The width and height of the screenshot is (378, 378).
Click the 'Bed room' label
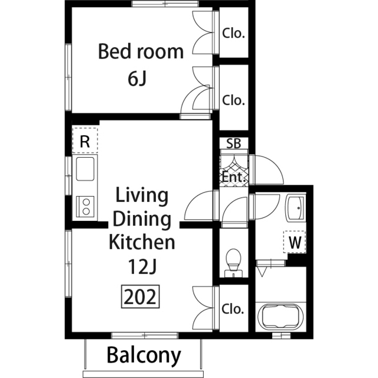(x=141, y=51)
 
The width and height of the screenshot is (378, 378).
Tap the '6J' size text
(x=137, y=79)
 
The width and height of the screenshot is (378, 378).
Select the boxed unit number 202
(x=141, y=296)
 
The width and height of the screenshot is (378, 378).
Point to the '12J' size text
(x=142, y=266)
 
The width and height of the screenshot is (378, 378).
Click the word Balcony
(x=144, y=356)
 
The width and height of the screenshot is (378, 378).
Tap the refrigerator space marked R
(x=85, y=141)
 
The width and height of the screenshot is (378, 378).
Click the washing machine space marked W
(x=295, y=242)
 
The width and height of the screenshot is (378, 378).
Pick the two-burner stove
(x=85, y=207)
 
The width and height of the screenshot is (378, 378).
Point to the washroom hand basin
(x=295, y=208)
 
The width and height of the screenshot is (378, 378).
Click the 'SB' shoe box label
(x=234, y=143)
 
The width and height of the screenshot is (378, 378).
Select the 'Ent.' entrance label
(x=234, y=178)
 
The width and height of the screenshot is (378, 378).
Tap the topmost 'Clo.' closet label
(x=233, y=33)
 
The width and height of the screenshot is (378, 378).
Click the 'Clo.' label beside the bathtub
(x=232, y=309)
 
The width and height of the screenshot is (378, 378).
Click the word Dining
(x=142, y=220)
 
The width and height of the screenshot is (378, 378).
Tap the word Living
(x=142, y=196)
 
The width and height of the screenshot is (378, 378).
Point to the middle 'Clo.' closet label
(x=233, y=100)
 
